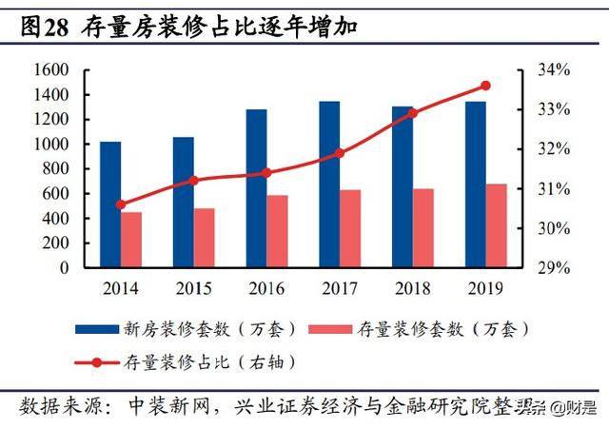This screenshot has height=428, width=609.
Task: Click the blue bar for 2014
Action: tap(110, 204)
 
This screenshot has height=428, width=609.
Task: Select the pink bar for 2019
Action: tap(497, 225)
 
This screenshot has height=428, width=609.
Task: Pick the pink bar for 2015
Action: tap(205, 238)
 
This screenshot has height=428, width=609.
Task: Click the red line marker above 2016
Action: tap(266, 173)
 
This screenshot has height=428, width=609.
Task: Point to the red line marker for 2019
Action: tap(485, 86)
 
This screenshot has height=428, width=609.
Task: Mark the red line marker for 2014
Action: tap(120, 204)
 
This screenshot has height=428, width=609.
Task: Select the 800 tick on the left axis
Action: tap(54, 169)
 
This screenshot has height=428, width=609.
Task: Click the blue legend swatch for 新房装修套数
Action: tap(98, 329)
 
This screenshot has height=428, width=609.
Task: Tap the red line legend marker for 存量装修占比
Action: tap(98, 361)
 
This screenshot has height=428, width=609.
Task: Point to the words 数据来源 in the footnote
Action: tap(53, 405)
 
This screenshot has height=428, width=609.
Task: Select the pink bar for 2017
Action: tap(350, 228)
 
